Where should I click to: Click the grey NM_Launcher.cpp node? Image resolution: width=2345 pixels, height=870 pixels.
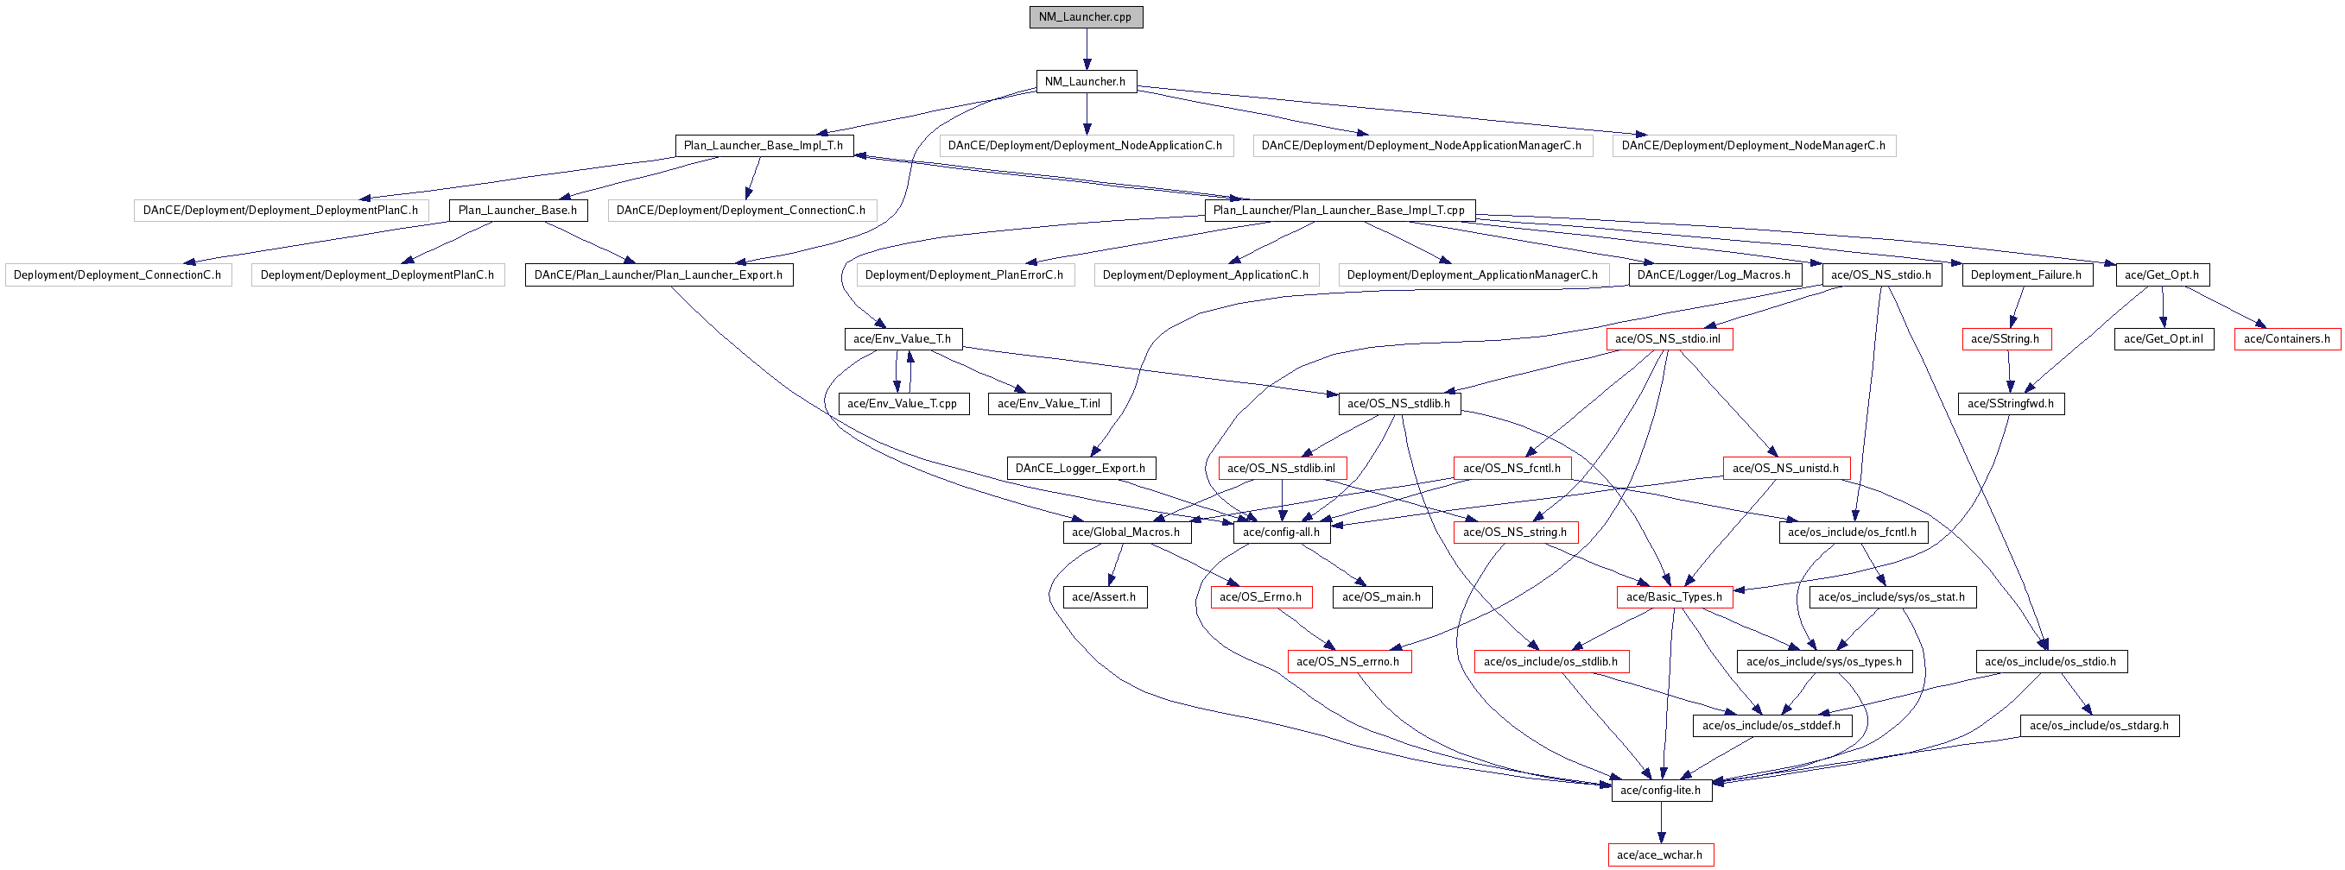pos(1085,17)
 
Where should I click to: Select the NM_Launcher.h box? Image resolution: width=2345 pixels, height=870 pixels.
pos(1085,82)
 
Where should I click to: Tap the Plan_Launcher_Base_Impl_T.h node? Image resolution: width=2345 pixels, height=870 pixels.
pos(763,146)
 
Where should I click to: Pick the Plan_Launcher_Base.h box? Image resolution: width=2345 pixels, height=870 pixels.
pos(517,211)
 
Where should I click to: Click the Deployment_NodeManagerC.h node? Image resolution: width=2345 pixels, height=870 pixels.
pos(1753,146)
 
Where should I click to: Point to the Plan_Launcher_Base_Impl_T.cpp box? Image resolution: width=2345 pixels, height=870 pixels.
pos(1339,211)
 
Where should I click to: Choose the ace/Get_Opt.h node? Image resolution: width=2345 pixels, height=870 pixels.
pos(2161,274)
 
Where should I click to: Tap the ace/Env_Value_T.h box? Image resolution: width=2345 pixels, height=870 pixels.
pos(902,339)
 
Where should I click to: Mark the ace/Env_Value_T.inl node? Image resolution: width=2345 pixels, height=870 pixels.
pos(1049,403)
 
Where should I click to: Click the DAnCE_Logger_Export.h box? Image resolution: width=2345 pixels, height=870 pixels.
pos(1081,469)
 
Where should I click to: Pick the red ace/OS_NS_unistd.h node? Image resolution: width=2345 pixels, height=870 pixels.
pos(1785,469)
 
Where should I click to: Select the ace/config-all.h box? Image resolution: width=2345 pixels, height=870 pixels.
pos(1281,533)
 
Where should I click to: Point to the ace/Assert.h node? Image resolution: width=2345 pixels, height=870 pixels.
pos(1104,597)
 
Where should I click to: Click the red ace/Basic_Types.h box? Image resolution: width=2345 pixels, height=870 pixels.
pos(1674,597)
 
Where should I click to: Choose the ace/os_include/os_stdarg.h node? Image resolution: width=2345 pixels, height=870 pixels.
pos(2099,726)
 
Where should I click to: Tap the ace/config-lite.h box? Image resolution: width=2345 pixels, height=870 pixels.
pos(1660,791)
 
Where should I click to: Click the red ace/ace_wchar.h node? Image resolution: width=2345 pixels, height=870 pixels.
pos(1659,855)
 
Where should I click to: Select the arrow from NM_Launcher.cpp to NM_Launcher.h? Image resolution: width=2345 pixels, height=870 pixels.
pos(1086,49)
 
